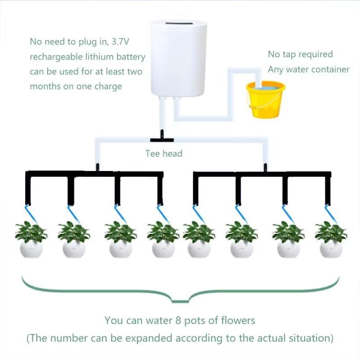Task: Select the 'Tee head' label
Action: [x=164, y=153]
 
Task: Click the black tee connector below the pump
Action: [x=160, y=134]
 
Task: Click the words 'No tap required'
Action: [x=300, y=54]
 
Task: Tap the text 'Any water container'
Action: [x=308, y=69]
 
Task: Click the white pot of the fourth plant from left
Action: [x=163, y=249]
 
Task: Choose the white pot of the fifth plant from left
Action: [x=199, y=249]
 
